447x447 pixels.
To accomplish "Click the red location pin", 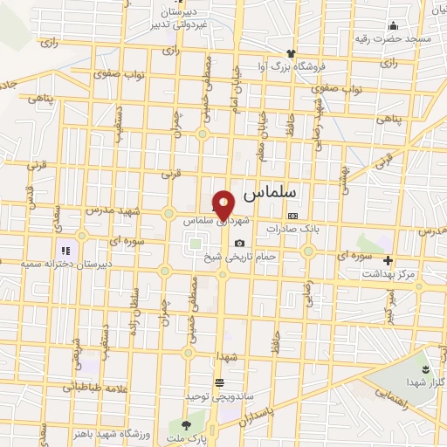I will (x=224, y=203).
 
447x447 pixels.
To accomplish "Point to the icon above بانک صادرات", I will (x=292, y=216).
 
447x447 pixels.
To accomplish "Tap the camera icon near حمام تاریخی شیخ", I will (x=239, y=243).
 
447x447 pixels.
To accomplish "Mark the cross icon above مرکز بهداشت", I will (x=389, y=260).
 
